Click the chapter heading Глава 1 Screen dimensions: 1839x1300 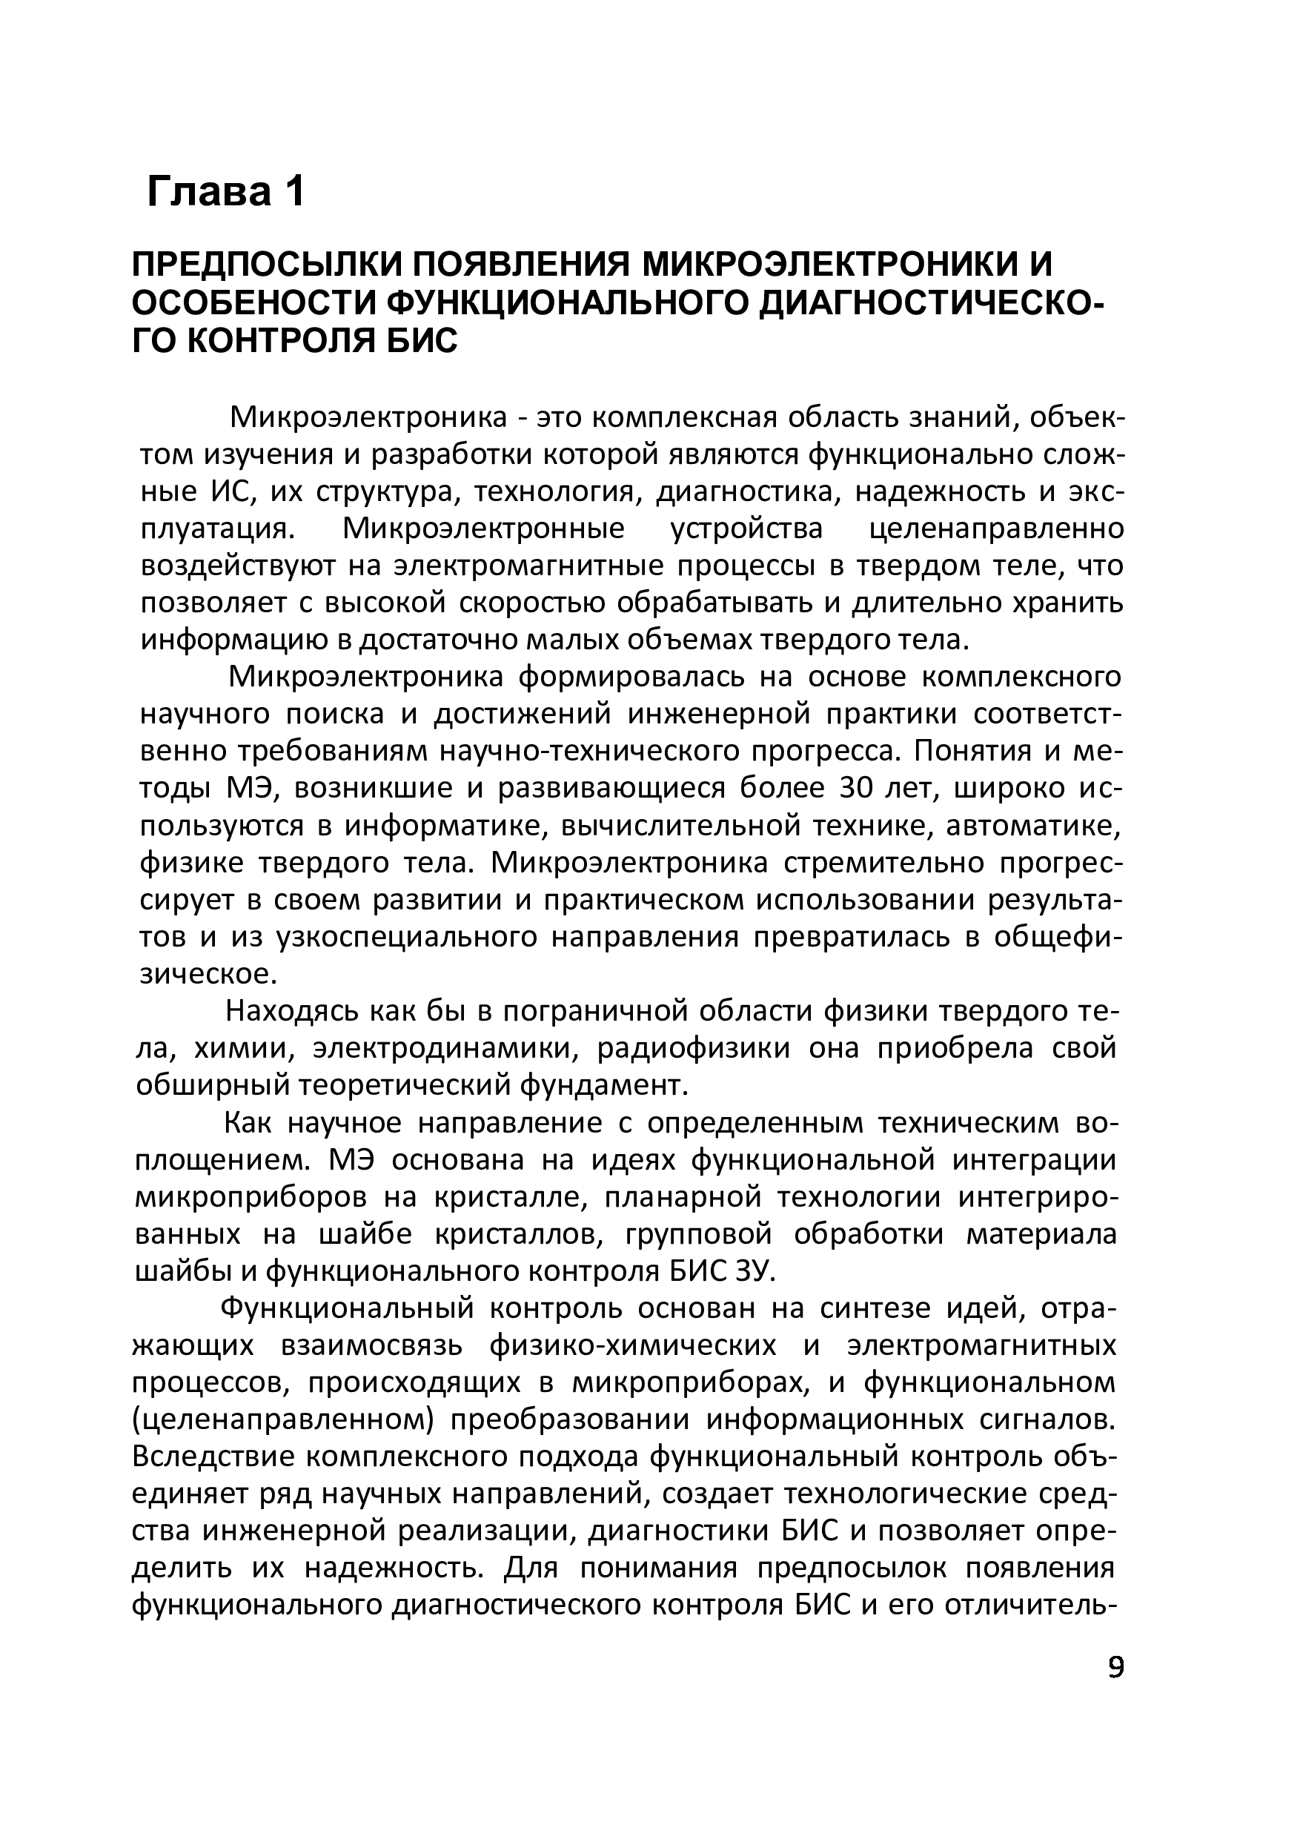(226, 193)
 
